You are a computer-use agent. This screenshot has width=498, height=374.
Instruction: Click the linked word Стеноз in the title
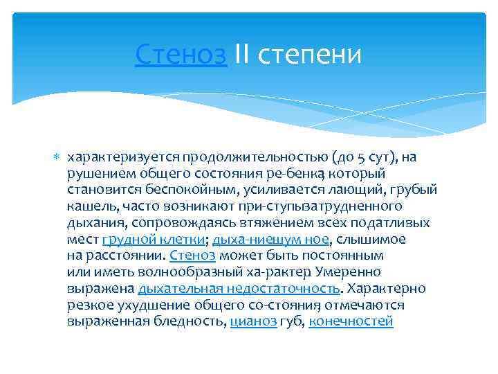coord(181,53)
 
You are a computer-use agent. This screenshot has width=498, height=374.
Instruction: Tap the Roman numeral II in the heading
coord(243,53)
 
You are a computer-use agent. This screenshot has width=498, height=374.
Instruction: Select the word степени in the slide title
coord(311,53)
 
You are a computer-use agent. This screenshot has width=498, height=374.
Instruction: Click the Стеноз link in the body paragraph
coord(187,256)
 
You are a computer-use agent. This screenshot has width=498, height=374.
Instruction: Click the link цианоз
coord(253,321)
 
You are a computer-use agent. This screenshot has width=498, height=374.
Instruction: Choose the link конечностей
coord(351,321)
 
